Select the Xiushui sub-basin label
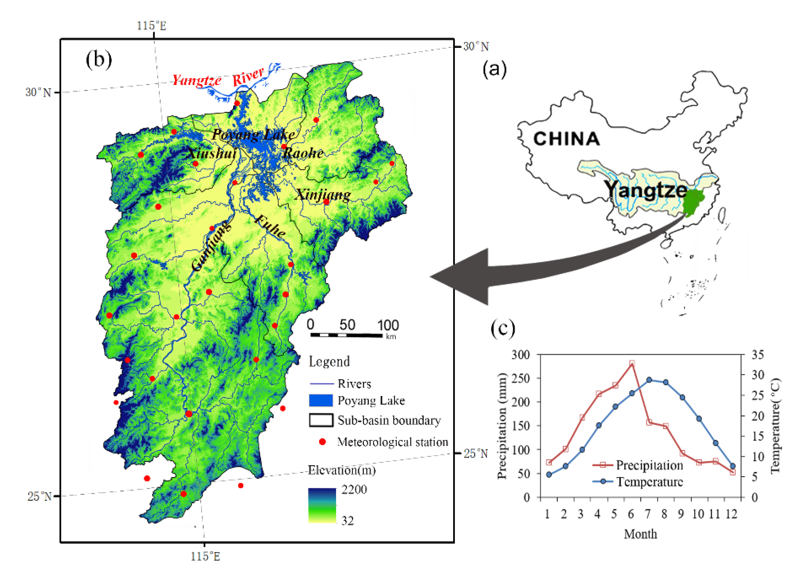coord(211,153)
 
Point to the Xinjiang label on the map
coord(323,194)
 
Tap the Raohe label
coord(303,153)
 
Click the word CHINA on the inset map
coord(566,139)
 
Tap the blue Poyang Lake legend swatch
coord(321,400)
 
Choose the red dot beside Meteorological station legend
coord(322,442)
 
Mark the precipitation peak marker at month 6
coord(632,363)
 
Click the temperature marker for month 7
coord(649,380)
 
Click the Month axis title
coord(640,534)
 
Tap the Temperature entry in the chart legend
coord(649,482)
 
